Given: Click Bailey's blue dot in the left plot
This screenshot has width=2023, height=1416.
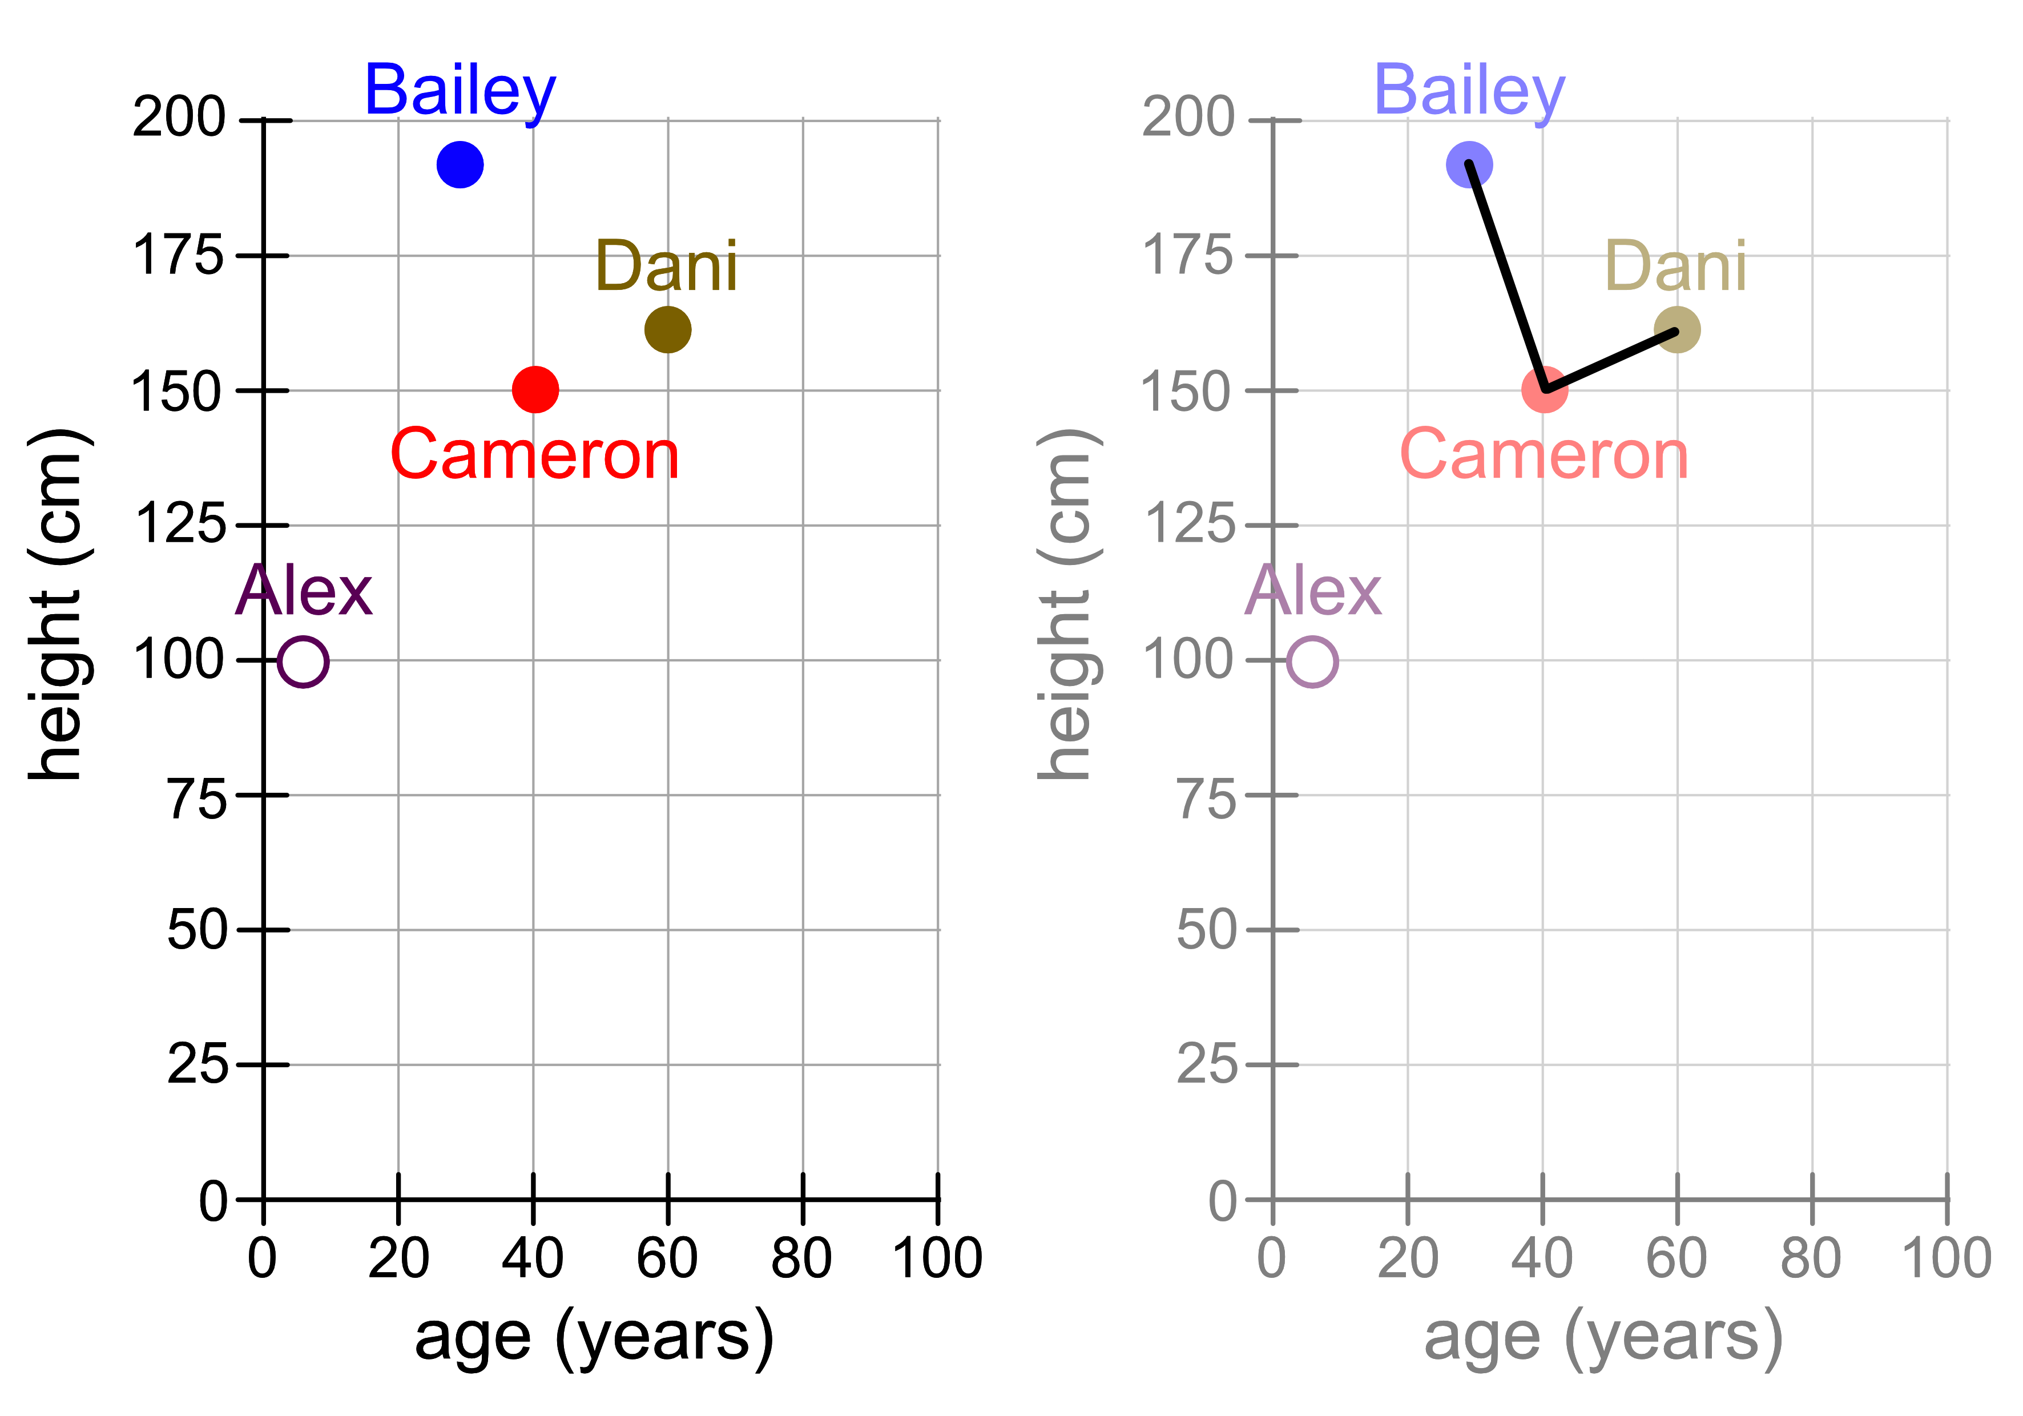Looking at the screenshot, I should pyautogui.click(x=460, y=165).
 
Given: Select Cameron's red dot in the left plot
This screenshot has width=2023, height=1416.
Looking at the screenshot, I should pyautogui.click(x=535, y=389).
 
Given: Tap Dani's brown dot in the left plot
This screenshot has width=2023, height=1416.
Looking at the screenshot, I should pyautogui.click(x=668, y=329).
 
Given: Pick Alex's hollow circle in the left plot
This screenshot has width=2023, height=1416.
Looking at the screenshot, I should pyautogui.click(x=303, y=661).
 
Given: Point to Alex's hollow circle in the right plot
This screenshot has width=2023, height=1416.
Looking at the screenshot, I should pyautogui.click(x=1313, y=661).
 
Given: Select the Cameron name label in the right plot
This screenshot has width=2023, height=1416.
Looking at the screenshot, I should pyautogui.click(x=1544, y=455).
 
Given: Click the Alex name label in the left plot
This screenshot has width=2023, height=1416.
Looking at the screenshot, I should pyautogui.click(x=304, y=591).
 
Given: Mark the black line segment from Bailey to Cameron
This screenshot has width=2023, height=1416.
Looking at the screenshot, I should pyautogui.click(x=1506, y=277).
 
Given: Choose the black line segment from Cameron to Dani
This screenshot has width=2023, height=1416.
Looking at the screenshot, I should pyautogui.click(x=1611, y=360).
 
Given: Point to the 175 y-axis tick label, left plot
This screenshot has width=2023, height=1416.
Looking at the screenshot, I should pyautogui.click(x=178, y=256).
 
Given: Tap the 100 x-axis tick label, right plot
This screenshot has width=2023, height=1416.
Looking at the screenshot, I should pyautogui.click(x=1947, y=1258).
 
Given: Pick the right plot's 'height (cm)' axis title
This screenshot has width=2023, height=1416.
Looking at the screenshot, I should pyautogui.click(x=1066, y=606).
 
